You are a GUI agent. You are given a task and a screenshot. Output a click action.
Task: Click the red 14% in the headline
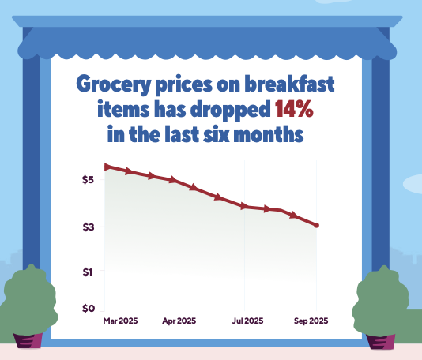tap(294, 109)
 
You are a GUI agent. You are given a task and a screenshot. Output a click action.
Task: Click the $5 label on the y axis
tap(89, 180)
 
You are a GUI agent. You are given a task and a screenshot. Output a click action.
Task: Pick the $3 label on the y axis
tap(89, 227)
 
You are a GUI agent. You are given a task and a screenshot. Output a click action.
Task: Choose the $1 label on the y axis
tap(89, 272)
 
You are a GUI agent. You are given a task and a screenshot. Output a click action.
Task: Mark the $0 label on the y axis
tap(89, 308)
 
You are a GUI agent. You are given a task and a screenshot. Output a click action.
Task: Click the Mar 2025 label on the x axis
tap(121, 321)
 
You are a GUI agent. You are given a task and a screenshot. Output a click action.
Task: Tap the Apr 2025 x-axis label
tap(179, 321)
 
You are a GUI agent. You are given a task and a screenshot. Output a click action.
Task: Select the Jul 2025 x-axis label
tap(247, 321)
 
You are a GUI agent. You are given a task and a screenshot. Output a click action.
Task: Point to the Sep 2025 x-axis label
tap(311, 321)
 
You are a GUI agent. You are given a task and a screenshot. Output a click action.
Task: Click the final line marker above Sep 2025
tap(316, 226)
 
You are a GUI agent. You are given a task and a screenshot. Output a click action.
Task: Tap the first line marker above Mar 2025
tap(107, 167)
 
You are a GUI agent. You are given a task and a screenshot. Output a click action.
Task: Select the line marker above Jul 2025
tap(244, 206)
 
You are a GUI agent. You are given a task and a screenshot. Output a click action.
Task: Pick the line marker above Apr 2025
tap(173, 180)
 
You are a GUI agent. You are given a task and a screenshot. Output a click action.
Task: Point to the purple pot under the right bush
tap(380, 341)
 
